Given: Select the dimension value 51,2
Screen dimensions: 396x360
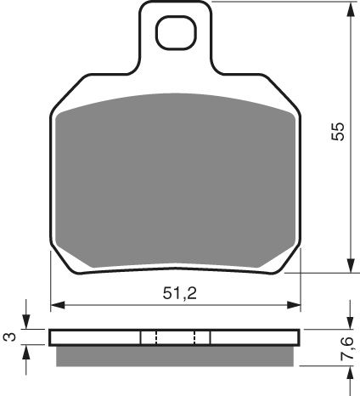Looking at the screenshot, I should coord(176,294).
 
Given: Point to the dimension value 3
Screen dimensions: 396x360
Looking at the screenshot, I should coord(8,337).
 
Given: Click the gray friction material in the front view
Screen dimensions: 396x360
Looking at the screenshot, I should coord(176,178).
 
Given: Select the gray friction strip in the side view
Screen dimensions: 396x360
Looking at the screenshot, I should coord(176,356).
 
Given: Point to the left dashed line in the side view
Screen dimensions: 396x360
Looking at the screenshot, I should coord(155,337).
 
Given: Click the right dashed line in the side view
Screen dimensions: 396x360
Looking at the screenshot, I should coord(195,337).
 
